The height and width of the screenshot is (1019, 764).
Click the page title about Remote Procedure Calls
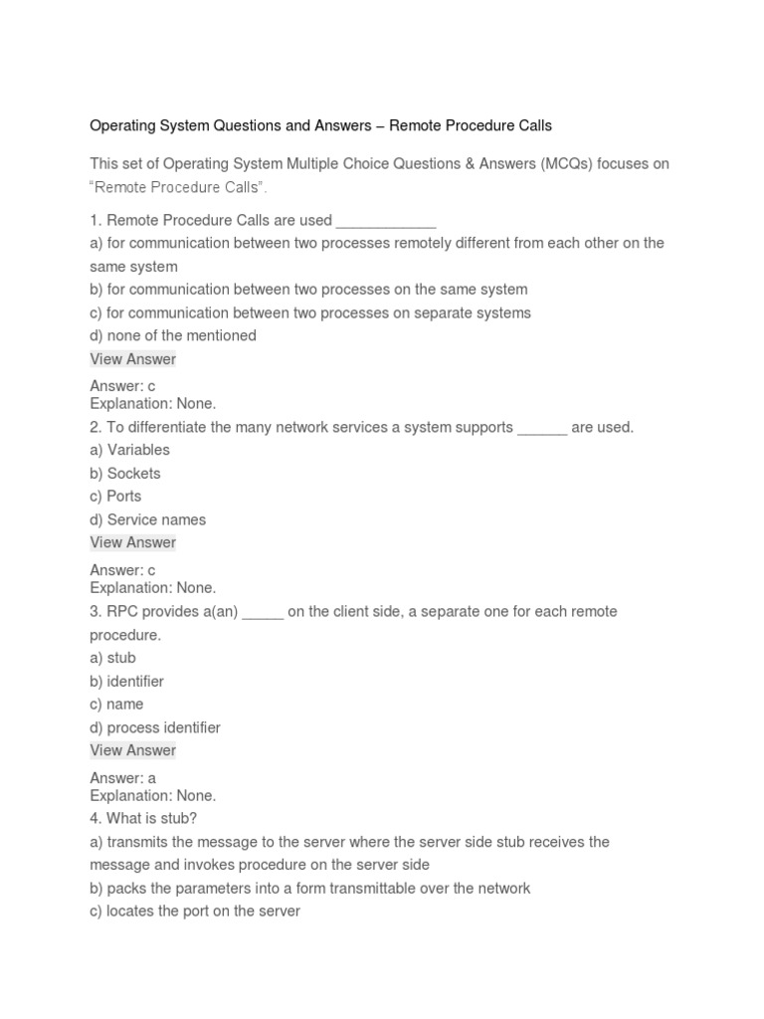[320, 126]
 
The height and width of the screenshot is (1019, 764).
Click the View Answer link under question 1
[132, 359]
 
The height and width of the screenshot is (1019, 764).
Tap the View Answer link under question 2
[132, 542]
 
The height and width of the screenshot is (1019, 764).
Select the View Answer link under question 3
[132, 750]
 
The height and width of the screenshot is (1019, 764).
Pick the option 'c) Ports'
[115, 497]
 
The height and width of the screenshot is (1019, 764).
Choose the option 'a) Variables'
[129, 450]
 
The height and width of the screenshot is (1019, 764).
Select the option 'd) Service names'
[148, 519]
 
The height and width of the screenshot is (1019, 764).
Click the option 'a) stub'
[112, 658]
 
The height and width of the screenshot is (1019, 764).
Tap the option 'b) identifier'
[126, 682]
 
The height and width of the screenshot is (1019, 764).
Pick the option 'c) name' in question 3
[116, 705]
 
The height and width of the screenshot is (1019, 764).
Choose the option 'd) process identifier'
[155, 727]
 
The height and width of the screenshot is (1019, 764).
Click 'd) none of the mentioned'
[173, 335]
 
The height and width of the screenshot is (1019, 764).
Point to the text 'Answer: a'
[122, 778]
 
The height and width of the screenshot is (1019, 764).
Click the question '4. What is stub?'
[143, 819]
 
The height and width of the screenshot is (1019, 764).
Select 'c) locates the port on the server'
[195, 911]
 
